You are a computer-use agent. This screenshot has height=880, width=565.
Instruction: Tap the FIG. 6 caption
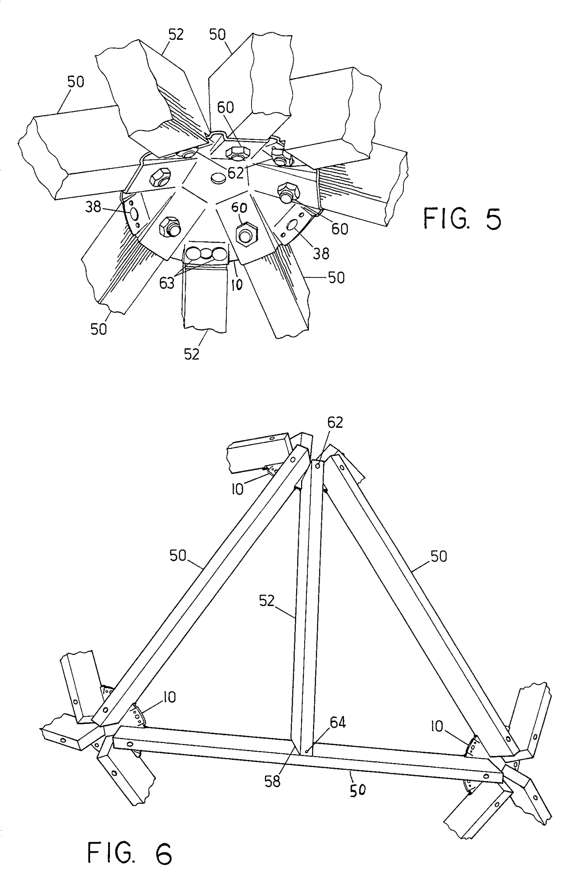(x=130, y=854)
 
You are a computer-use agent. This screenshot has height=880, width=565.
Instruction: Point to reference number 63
(x=167, y=284)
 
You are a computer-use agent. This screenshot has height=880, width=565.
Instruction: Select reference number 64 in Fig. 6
(x=337, y=723)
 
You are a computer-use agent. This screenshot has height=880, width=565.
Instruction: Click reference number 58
(x=272, y=782)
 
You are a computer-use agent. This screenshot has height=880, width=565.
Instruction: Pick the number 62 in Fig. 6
(x=335, y=423)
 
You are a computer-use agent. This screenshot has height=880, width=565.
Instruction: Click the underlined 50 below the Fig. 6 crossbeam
(x=358, y=790)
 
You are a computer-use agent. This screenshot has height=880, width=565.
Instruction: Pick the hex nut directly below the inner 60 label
(x=243, y=231)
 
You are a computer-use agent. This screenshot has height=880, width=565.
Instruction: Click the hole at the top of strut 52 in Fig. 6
(x=318, y=464)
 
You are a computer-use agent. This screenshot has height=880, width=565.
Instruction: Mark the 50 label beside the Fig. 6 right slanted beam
(x=439, y=557)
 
